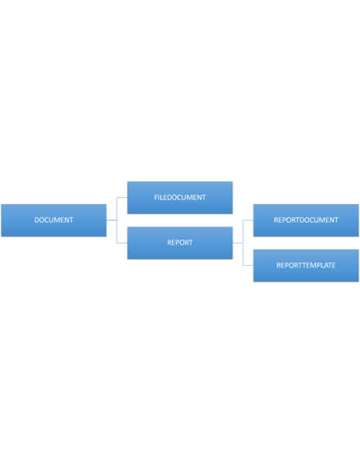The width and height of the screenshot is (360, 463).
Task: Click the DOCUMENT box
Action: (54, 220)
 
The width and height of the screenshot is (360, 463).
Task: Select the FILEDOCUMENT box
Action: (180, 198)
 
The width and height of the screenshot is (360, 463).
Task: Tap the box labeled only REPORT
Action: (180, 243)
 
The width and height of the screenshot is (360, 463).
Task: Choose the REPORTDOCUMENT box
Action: (306, 220)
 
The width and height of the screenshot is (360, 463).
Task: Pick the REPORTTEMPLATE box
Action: (306, 265)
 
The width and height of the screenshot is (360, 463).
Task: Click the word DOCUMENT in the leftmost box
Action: (54, 220)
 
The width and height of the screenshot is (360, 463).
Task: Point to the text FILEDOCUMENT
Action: (180, 197)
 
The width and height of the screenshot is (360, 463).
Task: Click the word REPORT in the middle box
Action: (180, 243)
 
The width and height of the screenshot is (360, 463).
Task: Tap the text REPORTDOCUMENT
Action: (306, 220)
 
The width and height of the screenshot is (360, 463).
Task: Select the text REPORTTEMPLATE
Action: (306, 265)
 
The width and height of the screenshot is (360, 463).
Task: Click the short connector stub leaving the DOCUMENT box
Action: (111, 220)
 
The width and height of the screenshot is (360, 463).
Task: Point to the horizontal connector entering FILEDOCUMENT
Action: (122, 197)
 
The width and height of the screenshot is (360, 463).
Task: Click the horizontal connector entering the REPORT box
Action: (122, 243)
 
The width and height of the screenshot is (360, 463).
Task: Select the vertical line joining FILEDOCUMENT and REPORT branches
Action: (117, 220)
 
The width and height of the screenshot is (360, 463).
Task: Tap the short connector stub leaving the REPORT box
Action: (237, 243)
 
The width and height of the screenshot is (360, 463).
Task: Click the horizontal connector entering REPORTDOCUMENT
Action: (248, 220)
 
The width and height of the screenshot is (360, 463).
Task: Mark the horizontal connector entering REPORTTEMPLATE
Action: (248, 265)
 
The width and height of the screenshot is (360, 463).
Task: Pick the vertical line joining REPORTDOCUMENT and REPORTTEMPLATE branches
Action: (243, 243)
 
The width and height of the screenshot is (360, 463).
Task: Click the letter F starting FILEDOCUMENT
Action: (156, 197)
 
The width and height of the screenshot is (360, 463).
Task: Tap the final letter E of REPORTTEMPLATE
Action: (334, 265)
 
